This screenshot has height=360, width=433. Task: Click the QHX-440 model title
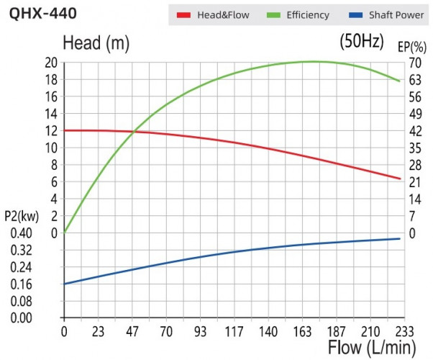pos(40,13)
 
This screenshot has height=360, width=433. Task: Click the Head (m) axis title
pos(96,43)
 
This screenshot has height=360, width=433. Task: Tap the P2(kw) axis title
pos(20,216)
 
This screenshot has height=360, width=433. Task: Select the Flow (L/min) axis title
pos(372,348)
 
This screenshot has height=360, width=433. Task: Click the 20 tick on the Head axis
pos(50,63)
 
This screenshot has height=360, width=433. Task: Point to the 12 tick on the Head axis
pos(50,130)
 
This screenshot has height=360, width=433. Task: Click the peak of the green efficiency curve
pos(315,61)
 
